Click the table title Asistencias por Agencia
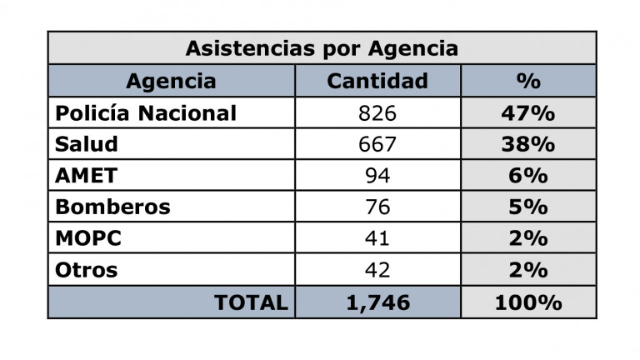click(x=321, y=48)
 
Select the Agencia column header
click(x=171, y=81)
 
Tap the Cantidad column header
click(x=377, y=81)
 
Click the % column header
click(x=528, y=81)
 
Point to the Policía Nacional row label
click(x=146, y=112)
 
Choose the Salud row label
click(x=87, y=144)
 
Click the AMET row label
click(x=87, y=176)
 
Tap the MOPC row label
click(x=88, y=238)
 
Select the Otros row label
click(x=87, y=270)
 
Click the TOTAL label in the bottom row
click(x=251, y=302)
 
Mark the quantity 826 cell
click(x=377, y=112)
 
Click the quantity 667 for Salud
click(x=377, y=144)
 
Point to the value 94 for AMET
click(x=377, y=176)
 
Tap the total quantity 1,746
click(x=377, y=302)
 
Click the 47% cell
click(x=528, y=112)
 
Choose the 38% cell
click(x=528, y=144)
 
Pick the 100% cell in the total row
click(x=528, y=302)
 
